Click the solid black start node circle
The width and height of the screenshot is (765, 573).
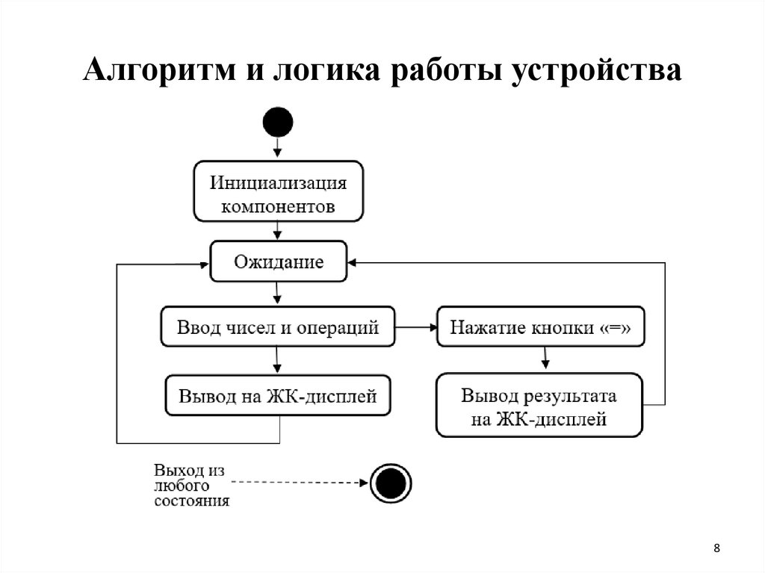pyautogui.click(x=278, y=122)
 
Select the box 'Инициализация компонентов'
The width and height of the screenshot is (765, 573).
pyautogui.click(x=278, y=191)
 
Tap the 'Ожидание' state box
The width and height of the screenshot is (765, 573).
pyautogui.click(x=278, y=261)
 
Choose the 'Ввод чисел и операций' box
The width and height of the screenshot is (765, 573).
pyautogui.click(x=278, y=327)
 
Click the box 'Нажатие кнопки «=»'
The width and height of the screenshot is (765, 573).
pyautogui.click(x=539, y=327)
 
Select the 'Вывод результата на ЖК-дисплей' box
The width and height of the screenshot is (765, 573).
pyautogui.click(x=539, y=406)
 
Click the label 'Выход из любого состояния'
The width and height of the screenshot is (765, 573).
pyautogui.click(x=191, y=486)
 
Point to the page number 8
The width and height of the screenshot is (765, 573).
pyautogui.click(x=716, y=549)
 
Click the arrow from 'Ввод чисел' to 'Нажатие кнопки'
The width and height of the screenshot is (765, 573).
pyautogui.click(x=416, y=327)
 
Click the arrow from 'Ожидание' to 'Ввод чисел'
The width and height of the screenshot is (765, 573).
pyautogui.click(x=278, y=294)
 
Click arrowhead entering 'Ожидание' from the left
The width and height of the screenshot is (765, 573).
pyautogui.click(x=204, y=264)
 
